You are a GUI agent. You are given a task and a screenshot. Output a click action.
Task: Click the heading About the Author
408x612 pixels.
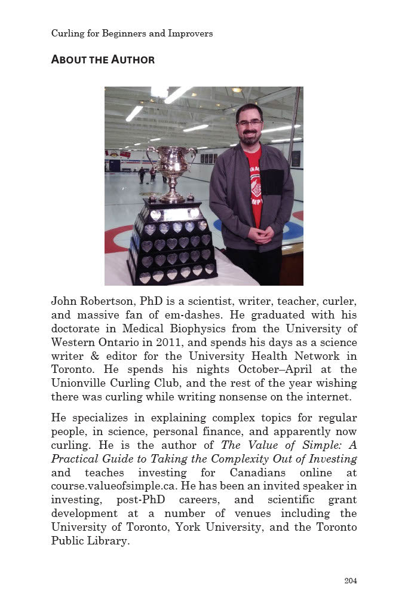pyautogui.click(x=103, y=59)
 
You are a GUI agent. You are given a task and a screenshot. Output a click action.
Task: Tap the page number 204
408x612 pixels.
pyautogui.click(x=350, y=580)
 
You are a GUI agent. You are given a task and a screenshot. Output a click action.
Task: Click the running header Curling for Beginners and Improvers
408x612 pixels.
pyautogui.click(x=131, y=33)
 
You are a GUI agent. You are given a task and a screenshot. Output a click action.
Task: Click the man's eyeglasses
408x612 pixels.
pyautogui.click(x=249, y=123)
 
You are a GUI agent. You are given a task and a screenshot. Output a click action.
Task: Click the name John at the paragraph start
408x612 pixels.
pyautogui.click(x=64, y=301)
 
